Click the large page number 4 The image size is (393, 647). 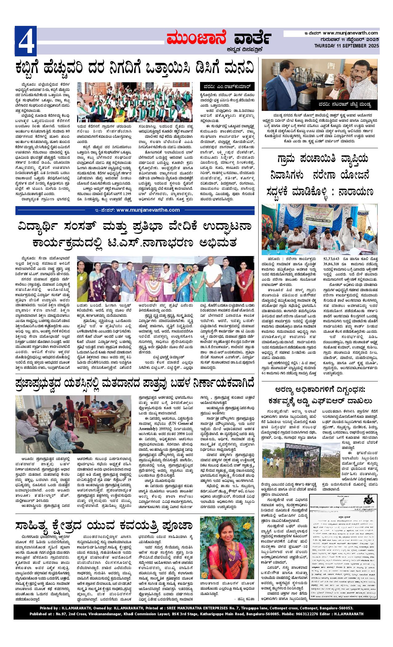click(x=26, y=41)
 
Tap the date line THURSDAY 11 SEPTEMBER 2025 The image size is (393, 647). click(x=347, y=46)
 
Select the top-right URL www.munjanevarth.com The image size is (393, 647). click(x=350, y=33)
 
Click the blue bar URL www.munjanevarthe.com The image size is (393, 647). click(x=148, y=210)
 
